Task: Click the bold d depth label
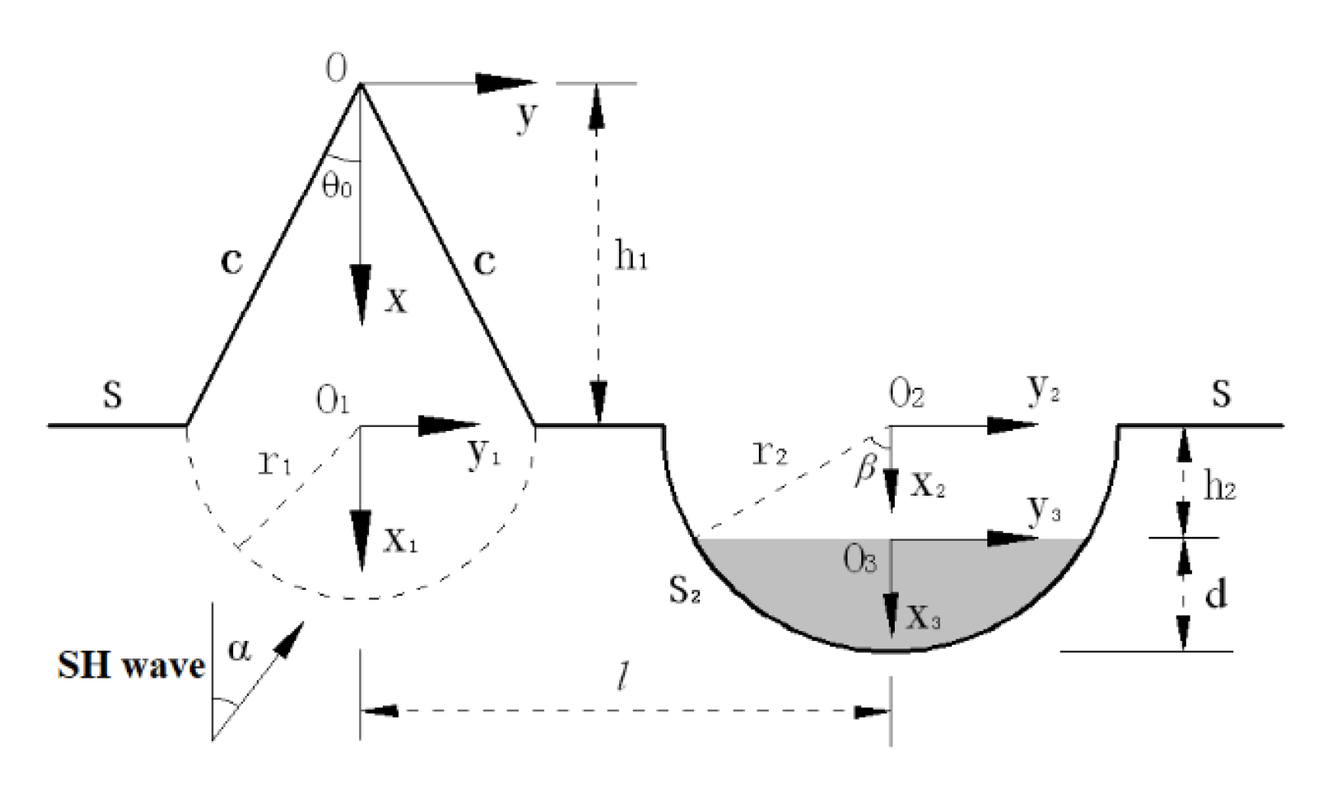pos(1215,594)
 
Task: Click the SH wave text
pos(131,666)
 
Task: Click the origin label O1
pos(332,402)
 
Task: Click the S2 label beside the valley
pos(684,591)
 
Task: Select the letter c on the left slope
pos(231,262)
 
